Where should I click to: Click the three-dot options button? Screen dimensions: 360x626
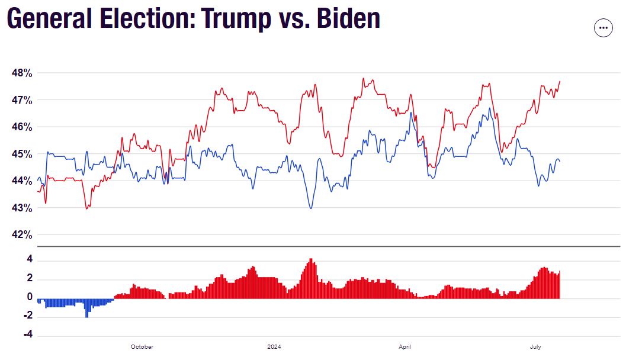(603, 28)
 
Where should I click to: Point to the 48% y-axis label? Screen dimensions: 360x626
(21, 73)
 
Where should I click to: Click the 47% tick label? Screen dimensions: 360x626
(21, 100)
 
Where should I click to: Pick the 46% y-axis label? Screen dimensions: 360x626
(21, 127)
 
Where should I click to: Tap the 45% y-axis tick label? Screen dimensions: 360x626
(21, 154)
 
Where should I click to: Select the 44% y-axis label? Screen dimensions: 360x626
(21, 181)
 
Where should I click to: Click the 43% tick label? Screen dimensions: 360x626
(21, 208)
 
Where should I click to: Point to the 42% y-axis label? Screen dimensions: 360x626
(21, 235)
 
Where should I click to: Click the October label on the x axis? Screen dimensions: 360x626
(142, 347)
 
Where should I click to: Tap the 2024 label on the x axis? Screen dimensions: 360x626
(274, 347)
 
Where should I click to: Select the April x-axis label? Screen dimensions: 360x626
(405, 347)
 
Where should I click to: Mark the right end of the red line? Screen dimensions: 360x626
(560, 81)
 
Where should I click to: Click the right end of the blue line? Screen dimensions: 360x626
(560, 161)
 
